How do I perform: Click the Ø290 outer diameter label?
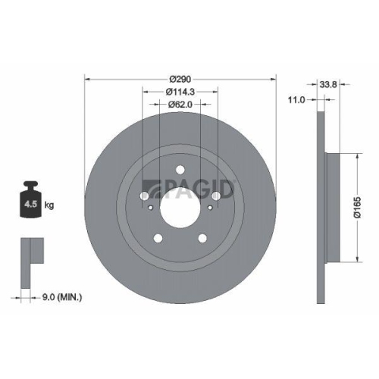(180, 79)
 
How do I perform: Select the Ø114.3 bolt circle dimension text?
(180, 92)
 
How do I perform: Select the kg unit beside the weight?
(48, 205)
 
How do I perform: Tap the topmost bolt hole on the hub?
(180, 170)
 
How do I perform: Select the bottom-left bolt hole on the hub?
(159, 238)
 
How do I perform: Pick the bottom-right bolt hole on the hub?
(202, 238)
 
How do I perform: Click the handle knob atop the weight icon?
(32, 185)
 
